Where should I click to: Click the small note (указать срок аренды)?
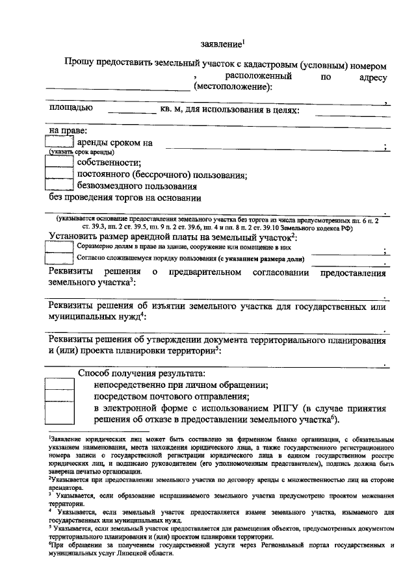click(76, 152)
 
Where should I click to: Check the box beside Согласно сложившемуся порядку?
click(58, 259)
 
